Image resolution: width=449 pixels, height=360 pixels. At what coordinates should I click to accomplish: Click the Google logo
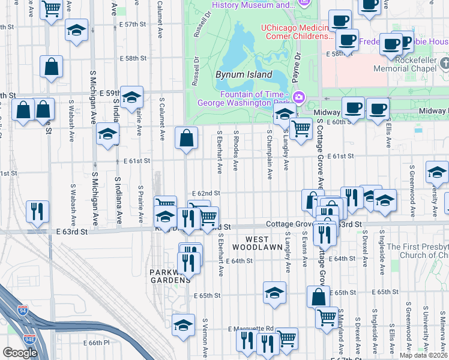click(x=20, y=352)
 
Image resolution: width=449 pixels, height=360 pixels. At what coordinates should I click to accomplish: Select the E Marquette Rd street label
click(x=252, y=329)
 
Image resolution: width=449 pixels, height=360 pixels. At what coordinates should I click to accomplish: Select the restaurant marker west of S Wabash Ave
click(x=37, y=211)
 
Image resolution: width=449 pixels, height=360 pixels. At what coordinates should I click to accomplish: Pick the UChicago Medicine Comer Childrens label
click(x=295, y=32)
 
